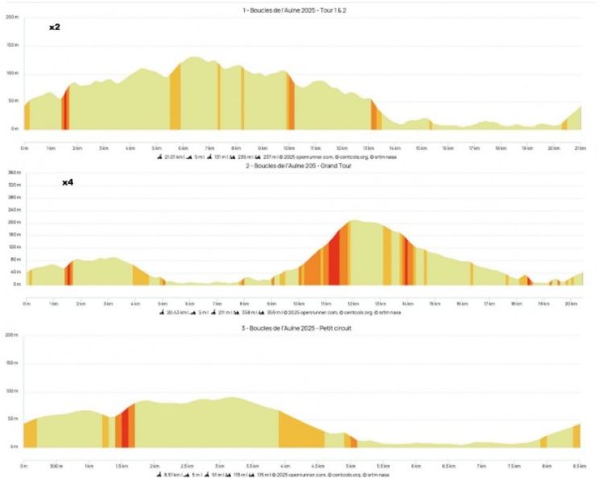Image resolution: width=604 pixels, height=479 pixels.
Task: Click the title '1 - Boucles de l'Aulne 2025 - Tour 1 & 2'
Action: coord(300,10)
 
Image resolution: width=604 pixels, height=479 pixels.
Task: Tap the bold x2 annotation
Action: coord(54,27)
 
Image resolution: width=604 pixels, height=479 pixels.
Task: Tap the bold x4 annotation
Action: coord(68,183)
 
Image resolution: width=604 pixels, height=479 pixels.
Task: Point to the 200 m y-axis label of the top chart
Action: coord(12,17)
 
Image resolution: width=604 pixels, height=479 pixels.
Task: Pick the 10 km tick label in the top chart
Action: coord(288,148)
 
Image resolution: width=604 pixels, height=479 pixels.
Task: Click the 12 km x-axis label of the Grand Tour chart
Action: coord(352,303)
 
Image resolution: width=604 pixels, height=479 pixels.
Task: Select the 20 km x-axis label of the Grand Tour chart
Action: coord(569,303)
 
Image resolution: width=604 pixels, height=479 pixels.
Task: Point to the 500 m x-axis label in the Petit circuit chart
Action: coord(56,466)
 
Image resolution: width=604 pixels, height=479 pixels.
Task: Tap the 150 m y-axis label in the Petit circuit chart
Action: coord(12,363)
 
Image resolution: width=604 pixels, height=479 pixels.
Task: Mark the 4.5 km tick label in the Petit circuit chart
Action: coord(317,466)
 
